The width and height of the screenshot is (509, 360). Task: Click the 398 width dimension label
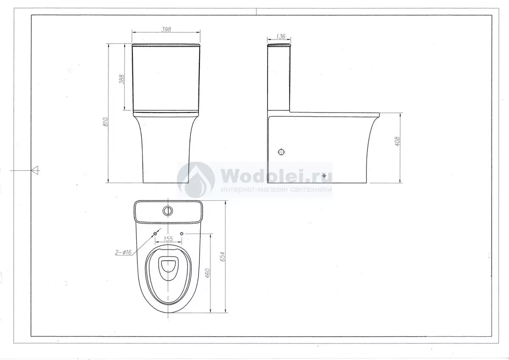tap(166, 29)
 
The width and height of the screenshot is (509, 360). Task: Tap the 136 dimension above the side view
tap(281, 37)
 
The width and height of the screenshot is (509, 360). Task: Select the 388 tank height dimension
tap(122, 79)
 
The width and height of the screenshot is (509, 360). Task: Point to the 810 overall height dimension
tap(106, 122)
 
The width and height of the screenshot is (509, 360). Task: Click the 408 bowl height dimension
tap(397, 141)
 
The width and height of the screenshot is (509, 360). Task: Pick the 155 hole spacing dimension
tap(168, 239)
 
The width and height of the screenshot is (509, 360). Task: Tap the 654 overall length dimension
tap(223, 256)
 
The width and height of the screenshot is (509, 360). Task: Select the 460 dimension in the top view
tap(207, 273)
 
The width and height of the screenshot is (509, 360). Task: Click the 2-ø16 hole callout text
tap(123, 253)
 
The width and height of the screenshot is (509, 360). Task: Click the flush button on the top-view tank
tap(168, 211)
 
